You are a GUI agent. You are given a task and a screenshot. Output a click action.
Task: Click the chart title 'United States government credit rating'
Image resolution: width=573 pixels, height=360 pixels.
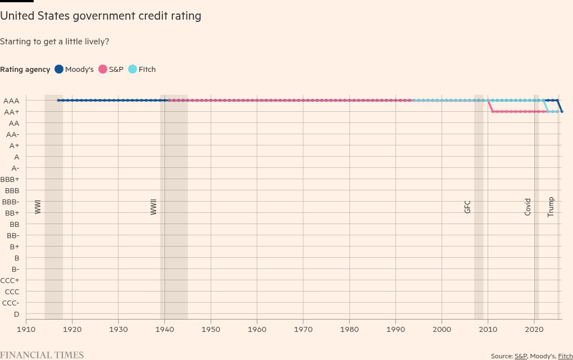pos(101,16)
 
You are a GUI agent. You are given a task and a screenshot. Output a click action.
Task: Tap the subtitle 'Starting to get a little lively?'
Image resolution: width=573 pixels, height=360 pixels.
pos(54,42)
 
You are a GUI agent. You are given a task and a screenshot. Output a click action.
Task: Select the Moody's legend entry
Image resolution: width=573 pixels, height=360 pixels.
pos(74,70)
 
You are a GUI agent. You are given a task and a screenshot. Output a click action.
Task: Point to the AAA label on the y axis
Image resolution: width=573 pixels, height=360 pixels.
pos(11,101)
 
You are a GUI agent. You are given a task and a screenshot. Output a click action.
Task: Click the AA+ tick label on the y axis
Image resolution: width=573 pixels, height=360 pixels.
pos(11,112)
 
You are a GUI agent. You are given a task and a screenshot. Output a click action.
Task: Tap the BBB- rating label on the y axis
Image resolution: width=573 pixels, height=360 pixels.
pos(10,202)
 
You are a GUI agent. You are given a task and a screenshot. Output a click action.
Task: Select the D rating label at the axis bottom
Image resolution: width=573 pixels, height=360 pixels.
pos(16,314)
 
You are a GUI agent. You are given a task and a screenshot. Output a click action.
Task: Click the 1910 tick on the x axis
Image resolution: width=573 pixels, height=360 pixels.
pos(26,329)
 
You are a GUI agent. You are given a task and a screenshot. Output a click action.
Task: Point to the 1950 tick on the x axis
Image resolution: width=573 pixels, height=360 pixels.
pos(211,329)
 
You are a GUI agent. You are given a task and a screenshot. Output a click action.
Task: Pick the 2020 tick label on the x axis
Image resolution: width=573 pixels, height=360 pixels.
pos(534,329)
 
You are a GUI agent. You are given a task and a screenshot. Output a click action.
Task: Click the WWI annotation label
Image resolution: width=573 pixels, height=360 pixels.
pos(38,207)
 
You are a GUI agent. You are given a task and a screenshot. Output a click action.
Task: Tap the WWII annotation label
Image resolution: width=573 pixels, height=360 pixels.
pos(154,207)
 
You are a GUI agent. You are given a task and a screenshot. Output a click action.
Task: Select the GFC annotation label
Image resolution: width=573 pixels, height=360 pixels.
pos(468,207)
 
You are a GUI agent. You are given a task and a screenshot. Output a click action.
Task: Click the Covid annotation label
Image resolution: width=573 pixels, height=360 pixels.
pos(528,207)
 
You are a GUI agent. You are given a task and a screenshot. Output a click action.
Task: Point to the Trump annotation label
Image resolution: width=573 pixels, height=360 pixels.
pos(551,207)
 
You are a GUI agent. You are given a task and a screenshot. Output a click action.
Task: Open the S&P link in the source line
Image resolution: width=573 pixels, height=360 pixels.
pos(520,356)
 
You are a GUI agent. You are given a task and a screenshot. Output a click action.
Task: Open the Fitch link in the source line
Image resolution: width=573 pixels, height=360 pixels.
pos(565,356)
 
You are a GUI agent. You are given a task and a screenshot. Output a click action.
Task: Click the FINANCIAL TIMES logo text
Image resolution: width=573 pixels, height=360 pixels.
pos(42,355)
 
